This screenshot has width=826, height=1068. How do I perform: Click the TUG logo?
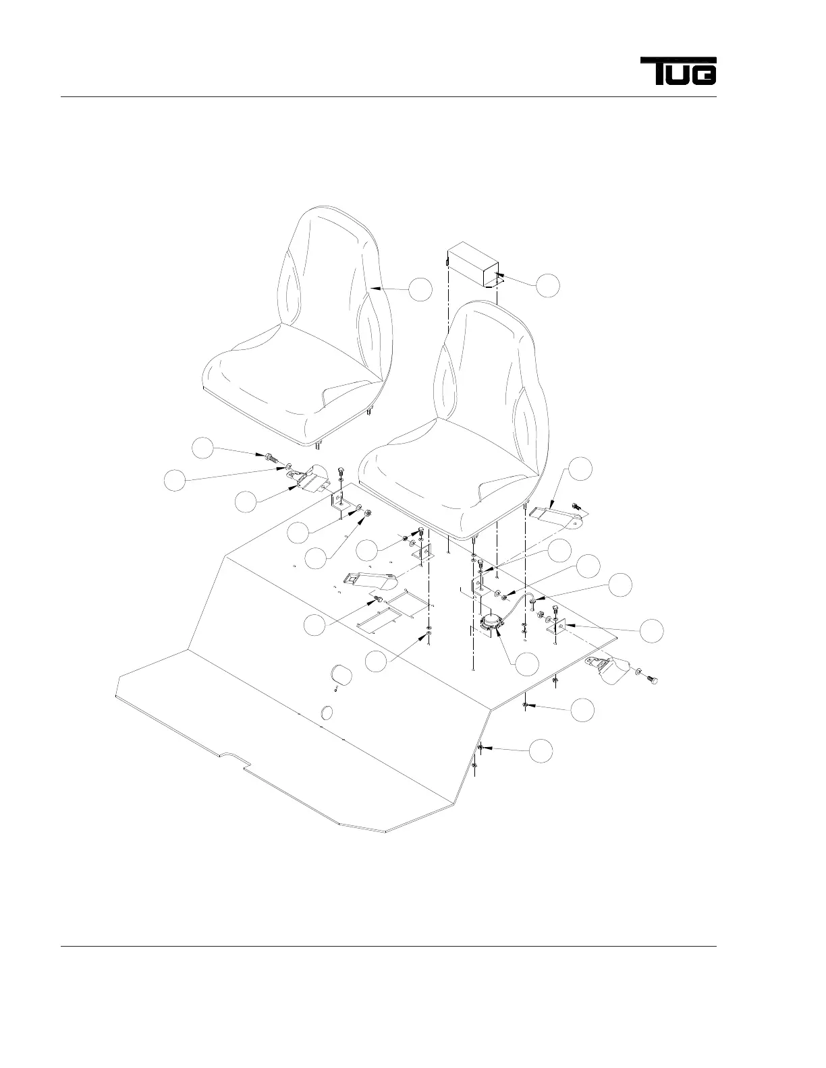[x=678, y=71]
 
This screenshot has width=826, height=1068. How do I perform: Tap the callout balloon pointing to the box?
[x=548, y=285]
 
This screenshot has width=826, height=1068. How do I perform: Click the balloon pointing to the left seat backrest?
[x=420, y=289]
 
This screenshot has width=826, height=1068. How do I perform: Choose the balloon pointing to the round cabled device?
[x=527, y=664]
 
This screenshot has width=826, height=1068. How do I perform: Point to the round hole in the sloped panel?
[x=327, y=713]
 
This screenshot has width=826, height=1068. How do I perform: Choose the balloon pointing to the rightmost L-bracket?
[x=651, y=630]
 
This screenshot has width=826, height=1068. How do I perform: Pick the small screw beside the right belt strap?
[x=576, y=506]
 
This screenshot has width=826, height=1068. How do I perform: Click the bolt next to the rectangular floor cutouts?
[x=379, y=600]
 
